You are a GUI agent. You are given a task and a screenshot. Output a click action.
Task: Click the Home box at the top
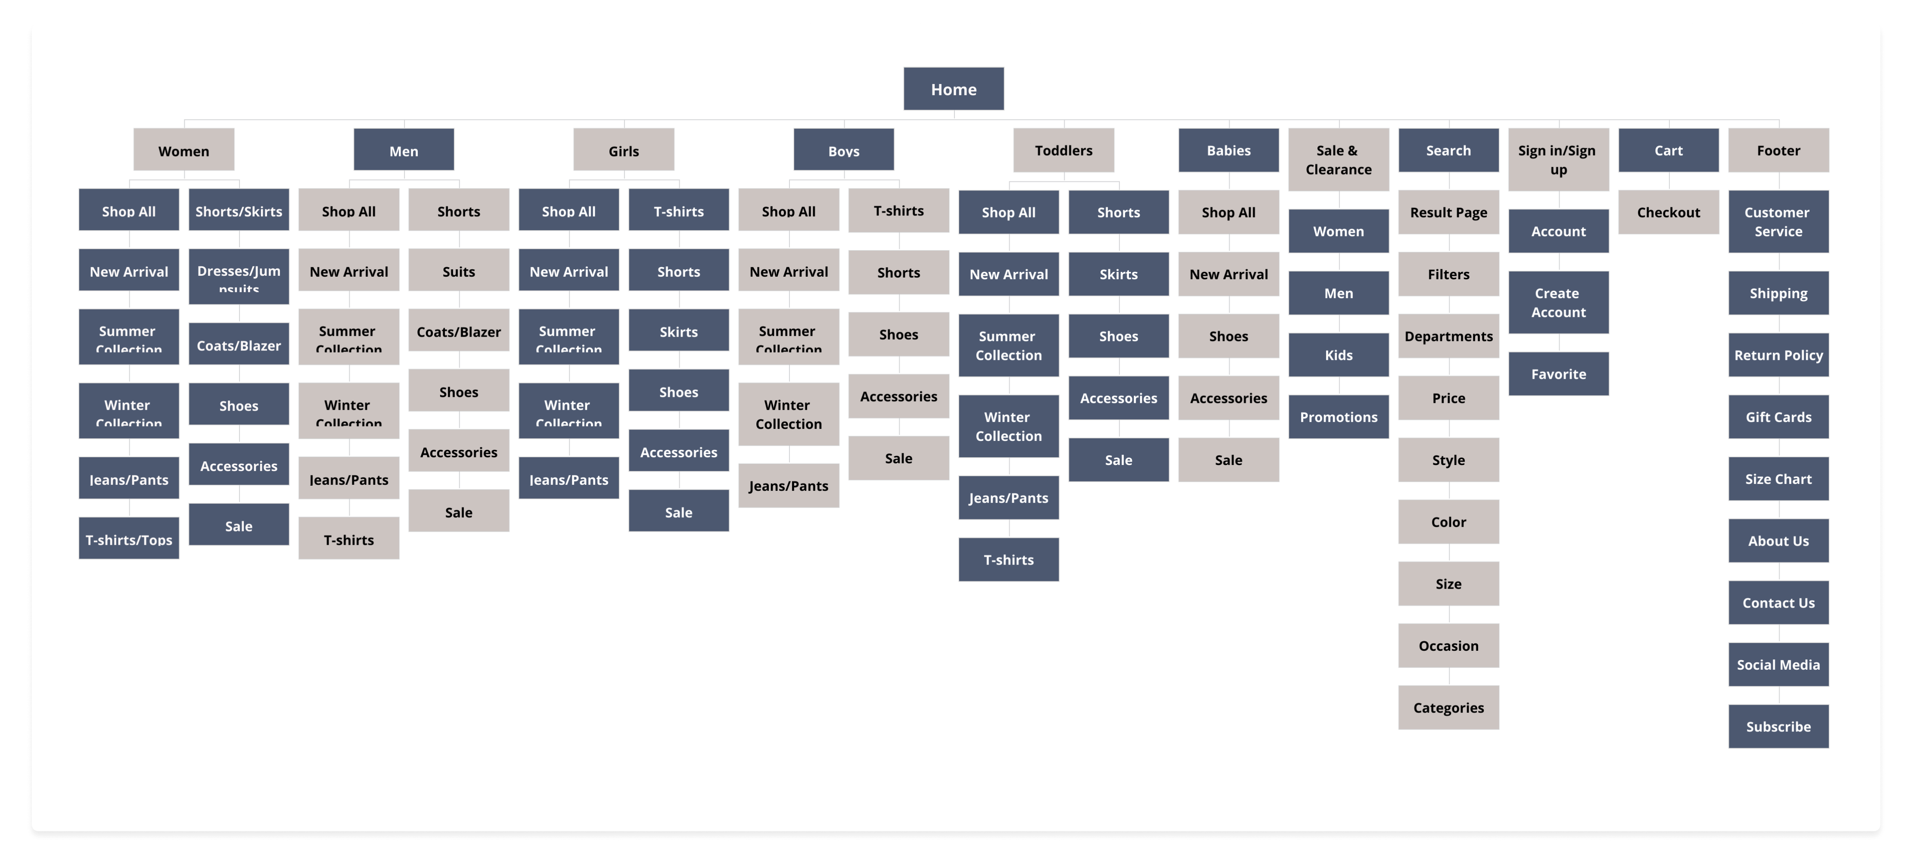(953, 89)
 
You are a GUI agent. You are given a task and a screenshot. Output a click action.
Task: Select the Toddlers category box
(1063, 150)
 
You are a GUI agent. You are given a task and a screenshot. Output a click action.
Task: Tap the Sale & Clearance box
(1338, 159)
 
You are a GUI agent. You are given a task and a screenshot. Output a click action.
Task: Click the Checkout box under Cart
(1668, 212)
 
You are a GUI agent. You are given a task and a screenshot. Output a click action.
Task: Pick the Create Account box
(1558, 302)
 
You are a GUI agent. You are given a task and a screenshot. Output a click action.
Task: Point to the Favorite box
(1558, 374)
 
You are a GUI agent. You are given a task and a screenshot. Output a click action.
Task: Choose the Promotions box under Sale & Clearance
(1338, 417)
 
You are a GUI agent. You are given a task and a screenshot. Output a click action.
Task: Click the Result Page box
(1448, 212)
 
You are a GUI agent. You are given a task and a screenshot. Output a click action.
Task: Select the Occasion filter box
(1448, 645)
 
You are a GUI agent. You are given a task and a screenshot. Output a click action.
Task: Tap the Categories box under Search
(1448, 708)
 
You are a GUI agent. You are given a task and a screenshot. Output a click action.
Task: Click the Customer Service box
(1777, 222)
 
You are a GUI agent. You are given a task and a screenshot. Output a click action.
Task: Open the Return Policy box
(1777, 355)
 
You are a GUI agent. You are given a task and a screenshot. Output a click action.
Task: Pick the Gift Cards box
(1777, 417)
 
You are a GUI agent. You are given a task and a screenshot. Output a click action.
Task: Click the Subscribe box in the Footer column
(1777, 727)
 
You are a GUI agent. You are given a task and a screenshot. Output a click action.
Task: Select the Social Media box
(1777, 665)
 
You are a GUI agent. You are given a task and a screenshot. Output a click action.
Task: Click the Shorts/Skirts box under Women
(239, 211)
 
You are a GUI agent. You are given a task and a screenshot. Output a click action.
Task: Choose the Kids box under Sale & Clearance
(1338, 355)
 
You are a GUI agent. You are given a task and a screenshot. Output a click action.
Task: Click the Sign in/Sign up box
(1558, 159)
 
